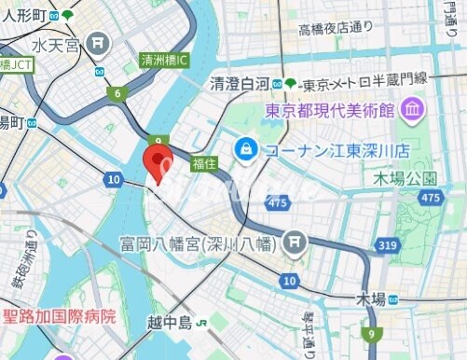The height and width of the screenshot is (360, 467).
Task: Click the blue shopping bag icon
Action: point(246,147)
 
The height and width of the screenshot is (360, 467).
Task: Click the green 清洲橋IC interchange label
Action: point(164,60)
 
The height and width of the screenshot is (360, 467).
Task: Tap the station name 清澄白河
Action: point(239,82)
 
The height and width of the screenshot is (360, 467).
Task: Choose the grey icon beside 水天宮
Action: point(99,44)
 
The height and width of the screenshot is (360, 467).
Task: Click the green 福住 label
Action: point(204,163)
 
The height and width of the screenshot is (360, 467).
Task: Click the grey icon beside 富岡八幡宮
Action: point(295,243)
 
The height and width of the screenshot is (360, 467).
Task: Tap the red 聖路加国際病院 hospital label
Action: point(61,316)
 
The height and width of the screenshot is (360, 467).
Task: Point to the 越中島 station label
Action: point(169,324)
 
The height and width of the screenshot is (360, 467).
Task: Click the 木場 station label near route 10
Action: point(371,298)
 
